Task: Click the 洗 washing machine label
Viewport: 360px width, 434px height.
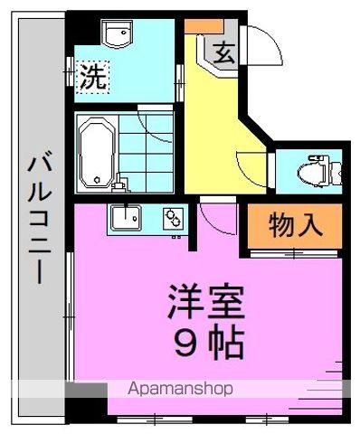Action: tap(91, 76)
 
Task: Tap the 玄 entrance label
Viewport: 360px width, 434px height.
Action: tap(225, 52)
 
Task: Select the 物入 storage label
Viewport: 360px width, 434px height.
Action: tap(297, 225)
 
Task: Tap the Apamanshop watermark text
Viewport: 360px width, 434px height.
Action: tap(182, 389)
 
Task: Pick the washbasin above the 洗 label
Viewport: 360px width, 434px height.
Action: tap(117, 34)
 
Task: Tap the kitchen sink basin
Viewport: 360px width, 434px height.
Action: tap(124, 218)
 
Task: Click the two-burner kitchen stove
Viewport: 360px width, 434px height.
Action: tap(173, 218)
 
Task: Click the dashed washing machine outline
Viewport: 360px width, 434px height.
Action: tap(91, 77)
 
